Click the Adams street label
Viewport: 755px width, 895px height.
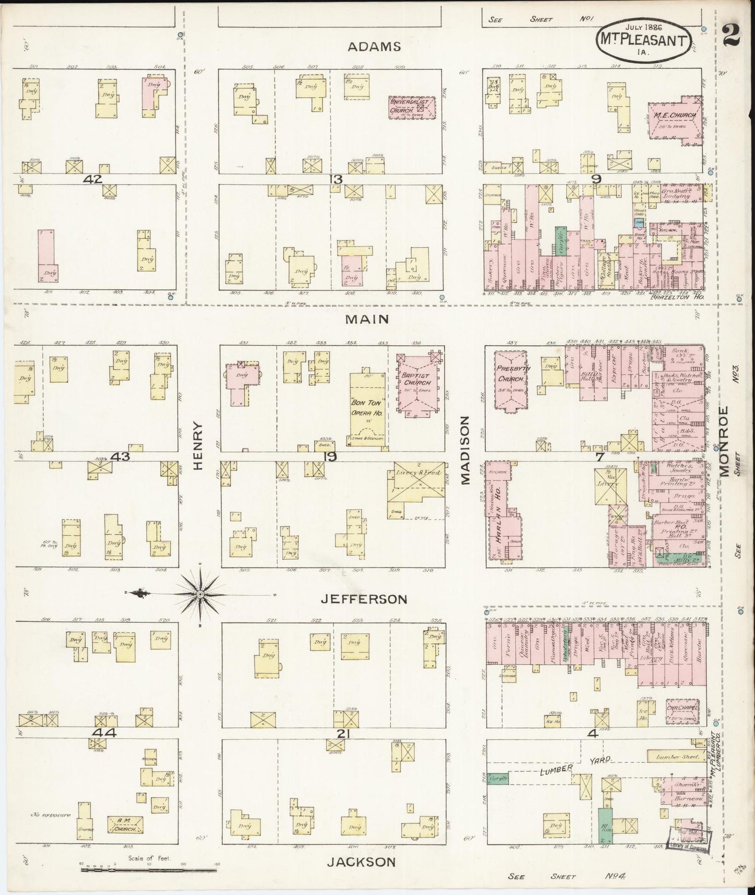[374, 46]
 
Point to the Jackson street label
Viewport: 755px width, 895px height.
[361, 862]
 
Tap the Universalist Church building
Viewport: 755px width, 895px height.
[412, 108]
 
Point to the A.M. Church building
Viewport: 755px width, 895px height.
[125, 825]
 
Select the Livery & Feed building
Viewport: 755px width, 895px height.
[417, 487]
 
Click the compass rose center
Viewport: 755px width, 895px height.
[200, 595]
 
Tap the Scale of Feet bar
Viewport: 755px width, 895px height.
[148, 870]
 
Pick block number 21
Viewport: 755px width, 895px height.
[342, 734]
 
